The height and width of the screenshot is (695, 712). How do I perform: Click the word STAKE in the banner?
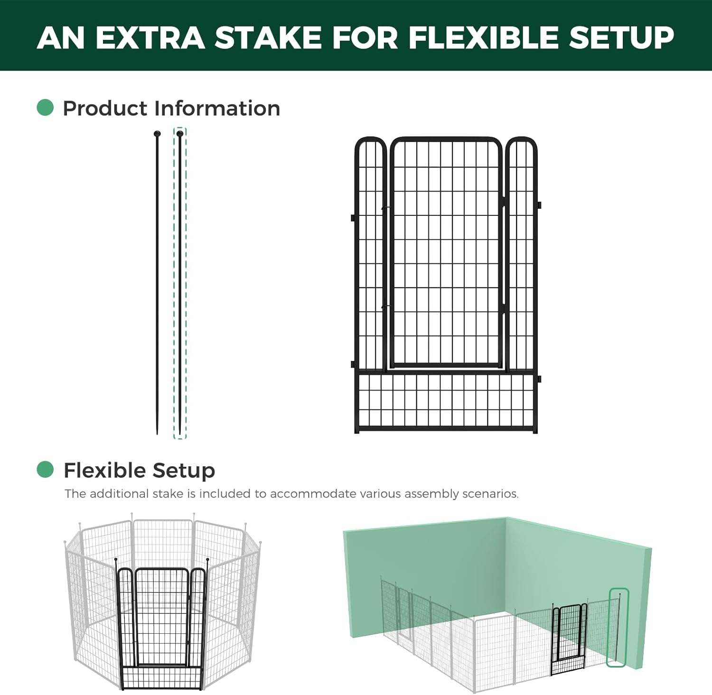pos(268,37)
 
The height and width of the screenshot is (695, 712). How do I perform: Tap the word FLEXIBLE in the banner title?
pos(483,37)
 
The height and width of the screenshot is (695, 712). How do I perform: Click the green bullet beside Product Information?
pos(45,108)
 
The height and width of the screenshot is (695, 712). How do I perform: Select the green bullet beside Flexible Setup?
pos(45,470)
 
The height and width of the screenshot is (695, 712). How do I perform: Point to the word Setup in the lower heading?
pos(184,470)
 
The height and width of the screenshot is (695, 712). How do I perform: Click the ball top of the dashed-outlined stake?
pos(180,134)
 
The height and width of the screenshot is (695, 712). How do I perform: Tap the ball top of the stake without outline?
pos(157,134)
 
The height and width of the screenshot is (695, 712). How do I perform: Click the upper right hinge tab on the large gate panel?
pos(539,205)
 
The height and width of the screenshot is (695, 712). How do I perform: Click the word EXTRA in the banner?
pos(150,37)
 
